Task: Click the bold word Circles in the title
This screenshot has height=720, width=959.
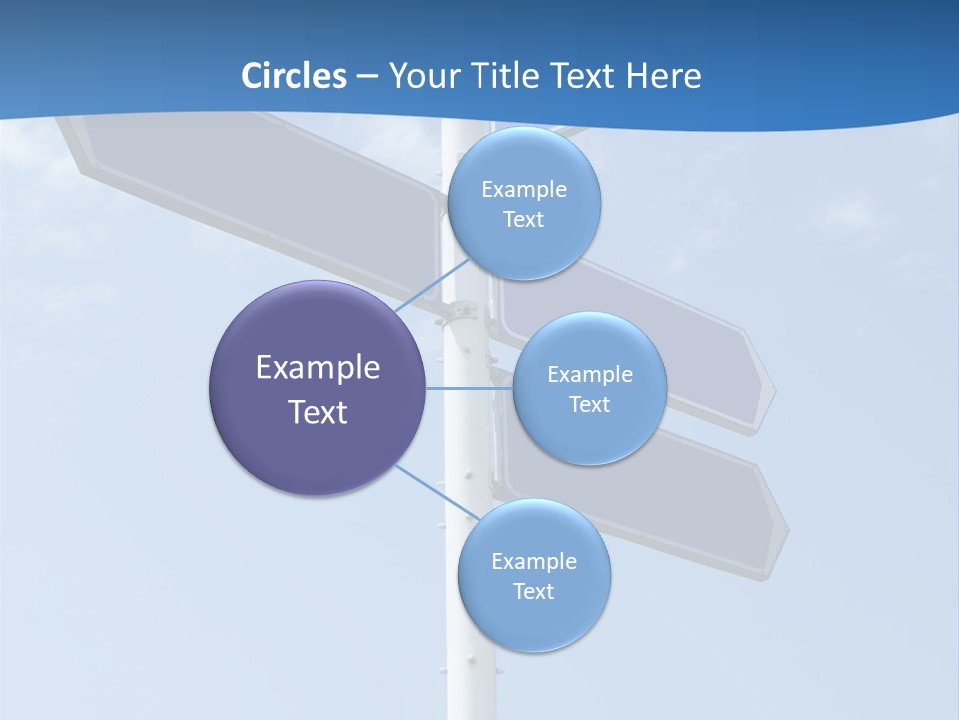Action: (294, 75)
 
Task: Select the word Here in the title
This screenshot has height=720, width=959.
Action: (664, 75)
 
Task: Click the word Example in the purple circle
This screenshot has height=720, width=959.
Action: (318, 368)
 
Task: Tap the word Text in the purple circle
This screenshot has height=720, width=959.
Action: (318, 412)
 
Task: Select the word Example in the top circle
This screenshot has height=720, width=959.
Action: (523, 190)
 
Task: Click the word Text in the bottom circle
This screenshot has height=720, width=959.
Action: (533, 591)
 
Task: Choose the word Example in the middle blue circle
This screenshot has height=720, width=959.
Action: (589, 375)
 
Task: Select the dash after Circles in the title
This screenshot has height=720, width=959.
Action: (367, 76)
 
